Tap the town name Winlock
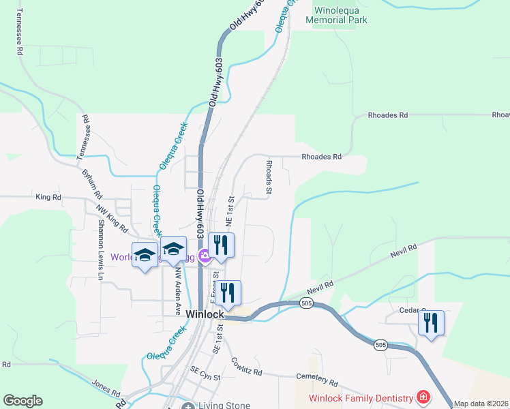click(205, 313)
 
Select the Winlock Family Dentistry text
click(361, 397)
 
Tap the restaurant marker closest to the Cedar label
click(431, 322)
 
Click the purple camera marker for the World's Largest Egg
click(203, 257)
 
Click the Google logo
click(22, 401)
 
